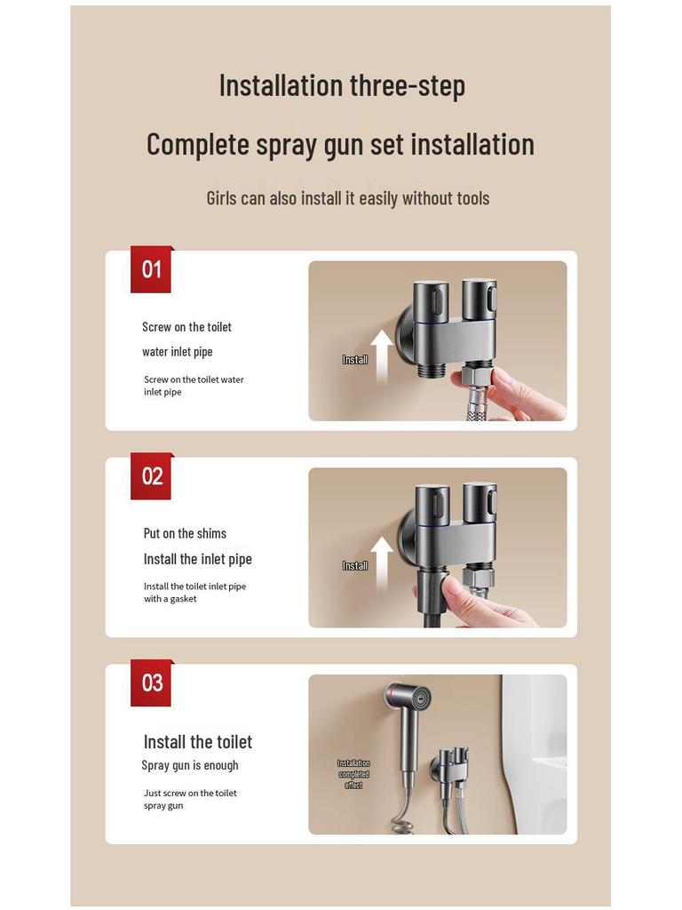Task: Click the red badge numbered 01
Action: click(x=152, y=269)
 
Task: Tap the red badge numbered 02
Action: click(x=152, y=476)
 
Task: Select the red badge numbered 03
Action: click(x=152, y=682)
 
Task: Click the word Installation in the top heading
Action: click(x=281, y=86)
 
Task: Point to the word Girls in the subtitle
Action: click(x=221, y=198)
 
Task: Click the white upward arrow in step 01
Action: click(x=381, y=355)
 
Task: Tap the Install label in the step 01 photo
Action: click(x=354, y=360)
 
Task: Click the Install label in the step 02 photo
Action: click(x=354, y=566)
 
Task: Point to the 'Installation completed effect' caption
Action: click(x=353, y=774)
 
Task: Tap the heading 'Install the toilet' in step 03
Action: click(x=197, y=742)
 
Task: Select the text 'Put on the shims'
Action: click(x=185, y=533)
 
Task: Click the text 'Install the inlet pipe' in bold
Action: click(x=197, y=559)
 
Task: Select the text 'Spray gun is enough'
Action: click(x=190, y=765)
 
